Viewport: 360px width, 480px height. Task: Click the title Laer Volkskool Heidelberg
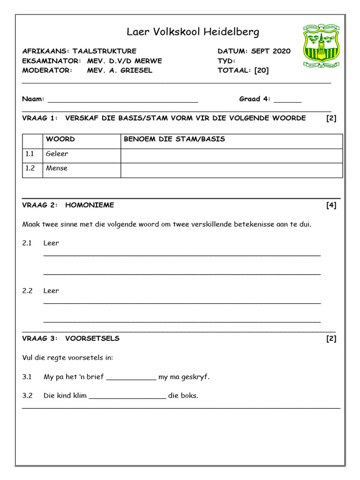(193, 32)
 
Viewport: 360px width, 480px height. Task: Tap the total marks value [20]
(262, 70)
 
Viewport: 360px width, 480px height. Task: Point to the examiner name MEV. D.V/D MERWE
(124, 61)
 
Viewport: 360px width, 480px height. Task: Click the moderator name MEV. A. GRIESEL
(120, 70)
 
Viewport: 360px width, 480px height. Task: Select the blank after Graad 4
(287, 99)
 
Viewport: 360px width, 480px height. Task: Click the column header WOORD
(60, 139)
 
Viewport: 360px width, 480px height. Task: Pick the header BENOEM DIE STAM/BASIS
(174, 139)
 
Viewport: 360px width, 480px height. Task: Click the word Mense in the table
(56, 168)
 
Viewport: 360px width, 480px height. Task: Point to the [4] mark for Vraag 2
(331, 205)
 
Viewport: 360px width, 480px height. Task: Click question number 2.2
(27, 291)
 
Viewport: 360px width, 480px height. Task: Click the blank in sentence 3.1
(131, 378)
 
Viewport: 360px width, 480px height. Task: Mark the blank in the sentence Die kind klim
(127, 397)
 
